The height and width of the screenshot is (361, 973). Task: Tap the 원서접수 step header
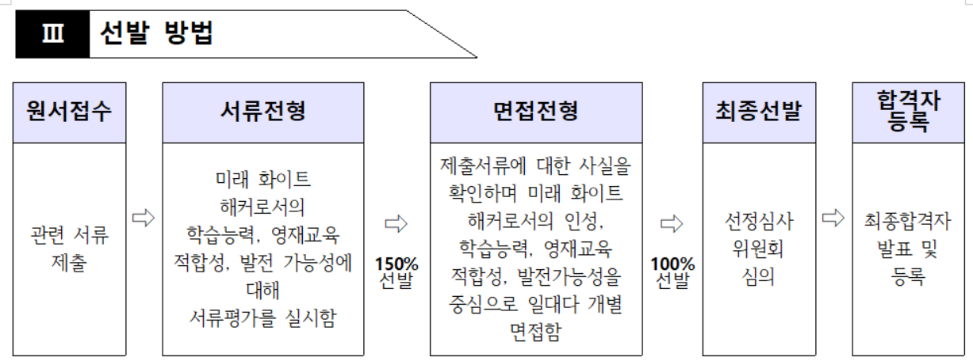[x=69, y=112]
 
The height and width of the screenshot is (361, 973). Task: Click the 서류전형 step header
[x=262, y=112]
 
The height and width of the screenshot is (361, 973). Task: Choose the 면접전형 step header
[x=535, y=112]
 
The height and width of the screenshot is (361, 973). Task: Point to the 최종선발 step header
[x=759, y=112]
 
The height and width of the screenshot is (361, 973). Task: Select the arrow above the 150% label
[x=396, y=224]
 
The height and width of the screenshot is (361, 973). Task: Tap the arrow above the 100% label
[x=672, y=224]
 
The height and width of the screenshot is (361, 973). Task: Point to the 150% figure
[x=396, y=264]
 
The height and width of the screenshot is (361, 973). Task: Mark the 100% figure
[x=672, y=264]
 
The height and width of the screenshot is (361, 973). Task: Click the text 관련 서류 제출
[x=69, y=249]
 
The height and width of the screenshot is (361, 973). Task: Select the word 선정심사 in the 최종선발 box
[x=759, y=221]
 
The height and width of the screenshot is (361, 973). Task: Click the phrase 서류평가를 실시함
[x=262, y=317]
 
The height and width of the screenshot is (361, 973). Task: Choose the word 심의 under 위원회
[x=759, y=277]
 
